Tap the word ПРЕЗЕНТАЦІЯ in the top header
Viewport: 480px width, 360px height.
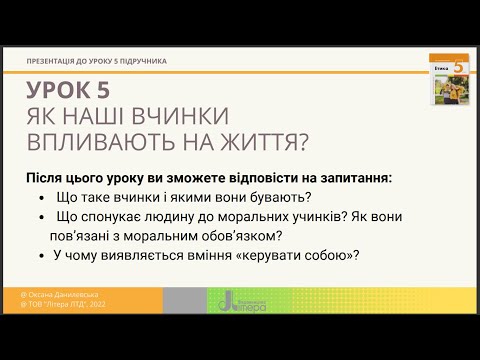[58, 61]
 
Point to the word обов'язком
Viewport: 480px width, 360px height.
[240, 237]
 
